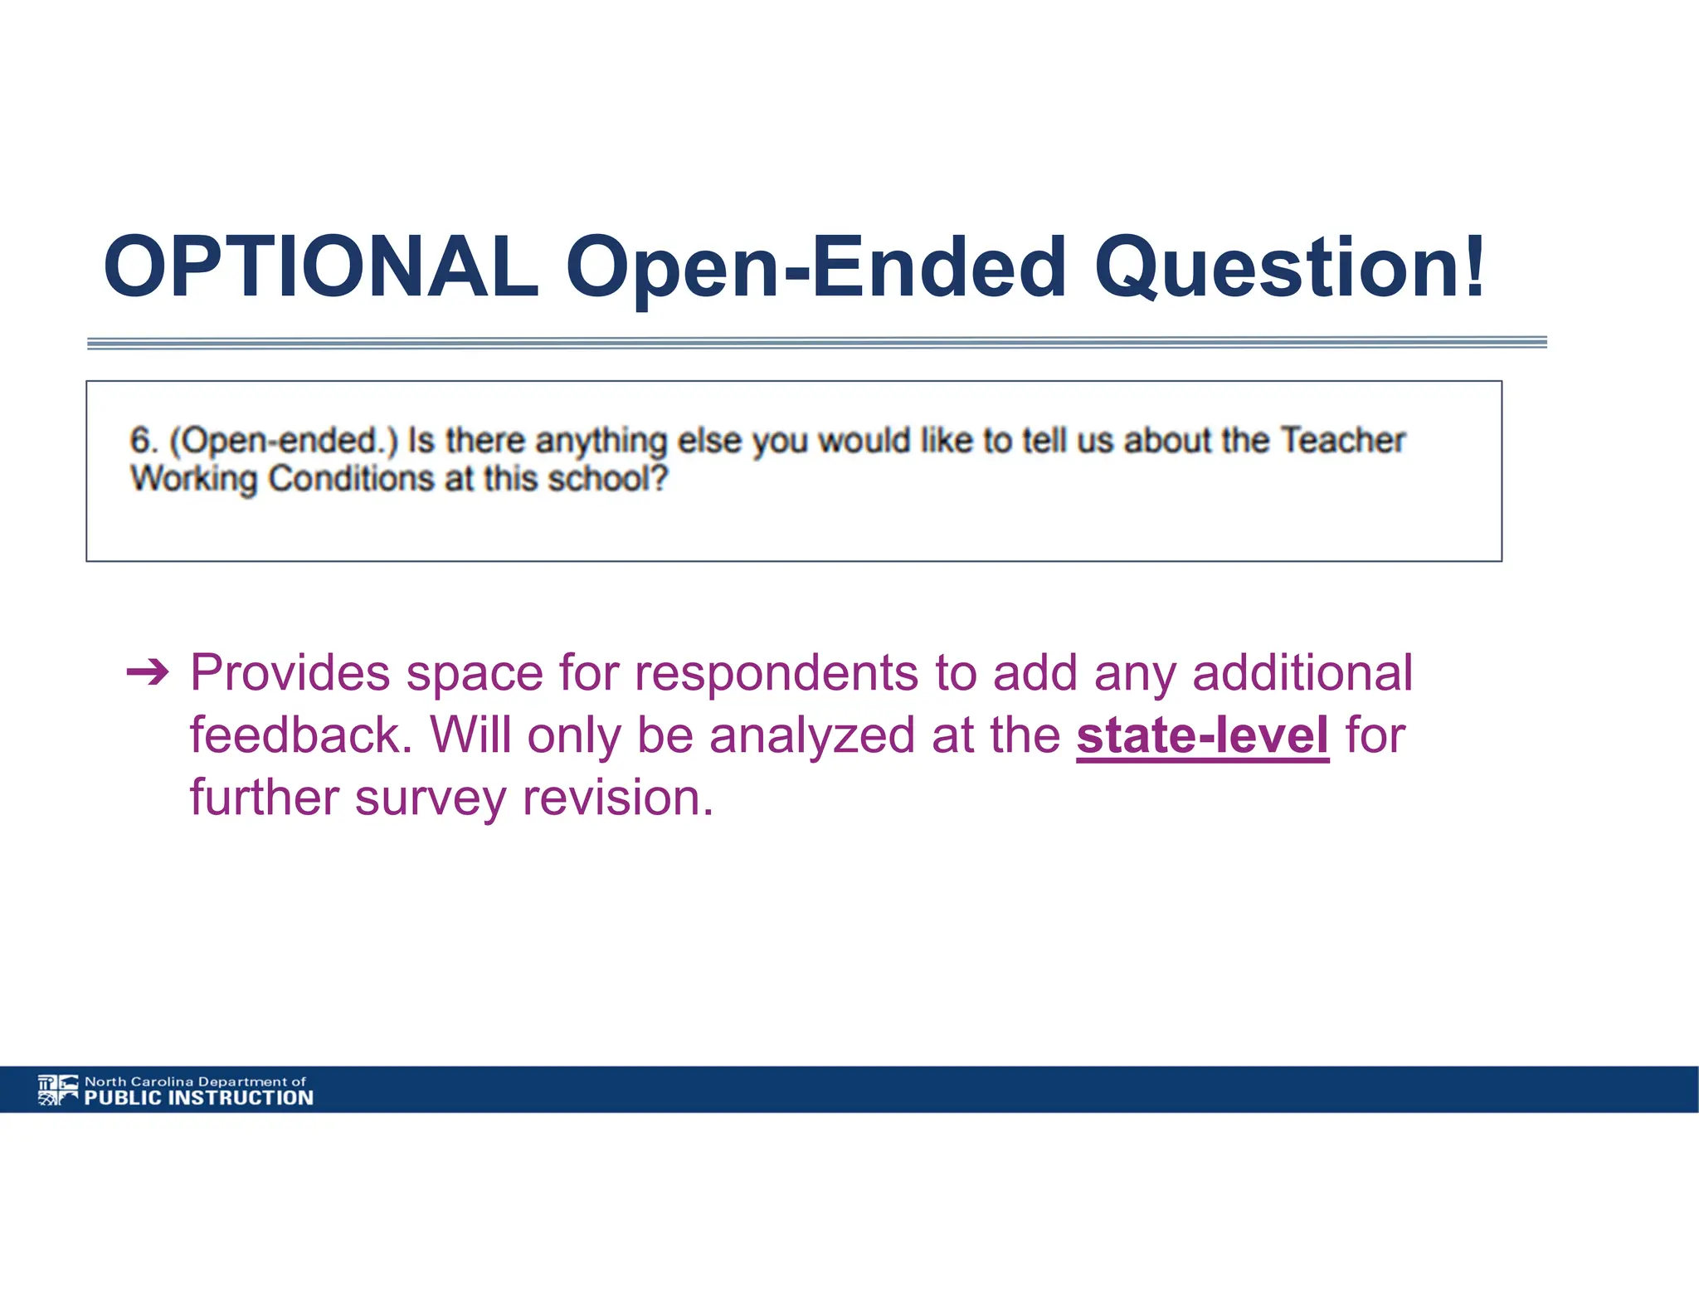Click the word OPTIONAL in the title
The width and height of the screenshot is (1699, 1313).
[x=321, y=267]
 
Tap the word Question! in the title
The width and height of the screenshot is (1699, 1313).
[x=1288, y=267]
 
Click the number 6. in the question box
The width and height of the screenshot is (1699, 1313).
[x=144, y=440]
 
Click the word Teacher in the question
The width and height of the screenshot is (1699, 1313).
[x=1342, y=440]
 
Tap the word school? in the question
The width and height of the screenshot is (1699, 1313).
[x=608, y=479]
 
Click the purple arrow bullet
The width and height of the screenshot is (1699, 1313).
[x=148, y=671]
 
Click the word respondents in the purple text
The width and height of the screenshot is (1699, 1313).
[x=776, y=674]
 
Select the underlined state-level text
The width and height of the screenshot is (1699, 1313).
[x=1202, y=735]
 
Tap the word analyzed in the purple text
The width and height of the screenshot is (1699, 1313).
[x=811, y=736]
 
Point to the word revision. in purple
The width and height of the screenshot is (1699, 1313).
[x=618, y=798]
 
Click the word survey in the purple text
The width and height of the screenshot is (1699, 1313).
[x=430, y=799]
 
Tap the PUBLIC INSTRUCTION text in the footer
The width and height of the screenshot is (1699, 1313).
[x=199, y=1098]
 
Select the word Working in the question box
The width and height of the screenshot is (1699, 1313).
[x=193, y=480]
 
